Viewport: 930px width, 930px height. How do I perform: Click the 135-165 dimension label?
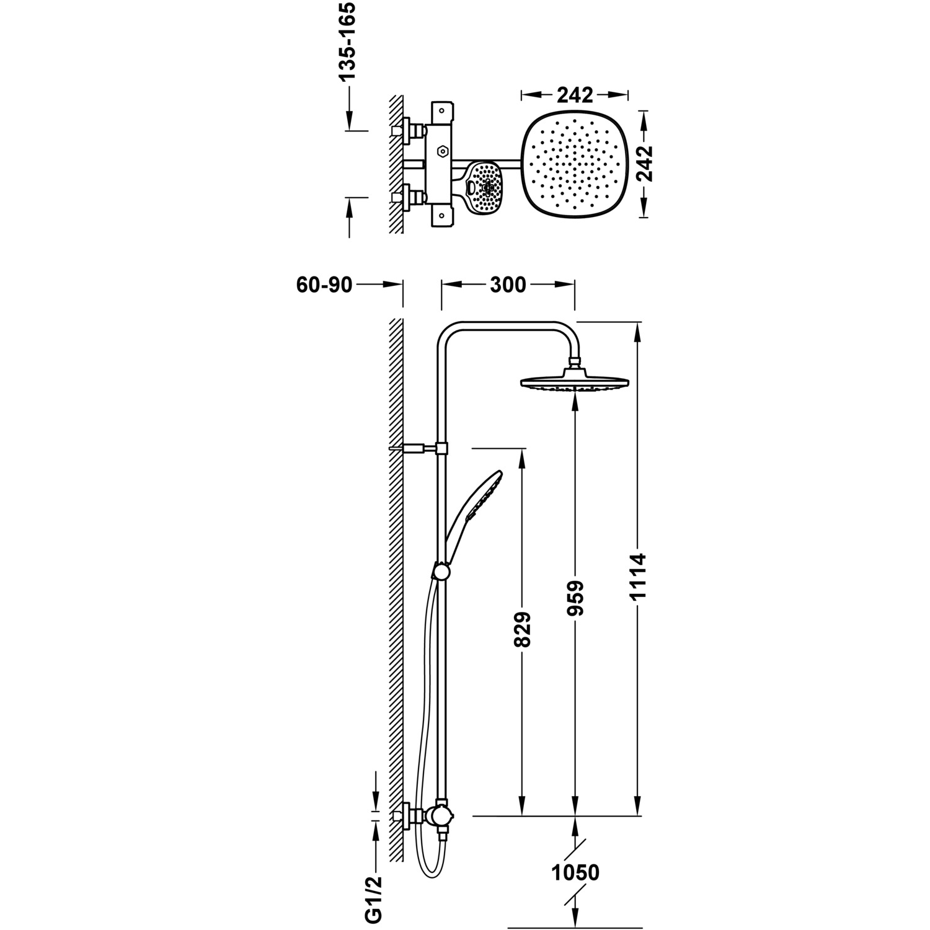tap(347, 42)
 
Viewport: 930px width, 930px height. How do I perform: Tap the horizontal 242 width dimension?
tap(575, 95)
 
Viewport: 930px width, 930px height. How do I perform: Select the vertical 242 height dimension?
tap(645, 163)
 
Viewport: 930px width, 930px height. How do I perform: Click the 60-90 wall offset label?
tap(324, 285)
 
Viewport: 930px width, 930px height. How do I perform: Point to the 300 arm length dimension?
tap(508, 285)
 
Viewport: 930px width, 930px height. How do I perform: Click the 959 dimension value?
tap(576, 598)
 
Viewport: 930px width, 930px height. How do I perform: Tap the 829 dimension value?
tap(523, 629)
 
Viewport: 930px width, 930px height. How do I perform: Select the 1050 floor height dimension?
tap(576, 872)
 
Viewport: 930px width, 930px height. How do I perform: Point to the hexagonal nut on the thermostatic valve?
tap(441, 150)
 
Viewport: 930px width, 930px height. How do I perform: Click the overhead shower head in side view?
tap(574, 383)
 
